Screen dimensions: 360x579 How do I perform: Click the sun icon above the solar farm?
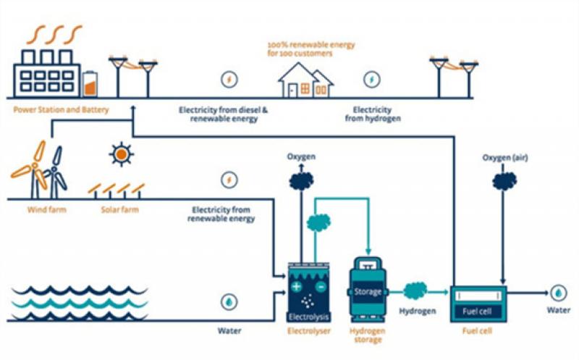click(x=121, y=154)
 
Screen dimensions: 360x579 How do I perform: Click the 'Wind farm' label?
click(x=33, y=211)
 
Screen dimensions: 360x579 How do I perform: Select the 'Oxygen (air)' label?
click(x=502, y=157)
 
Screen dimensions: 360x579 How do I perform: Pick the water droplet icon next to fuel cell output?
click(x=559, y=292)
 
